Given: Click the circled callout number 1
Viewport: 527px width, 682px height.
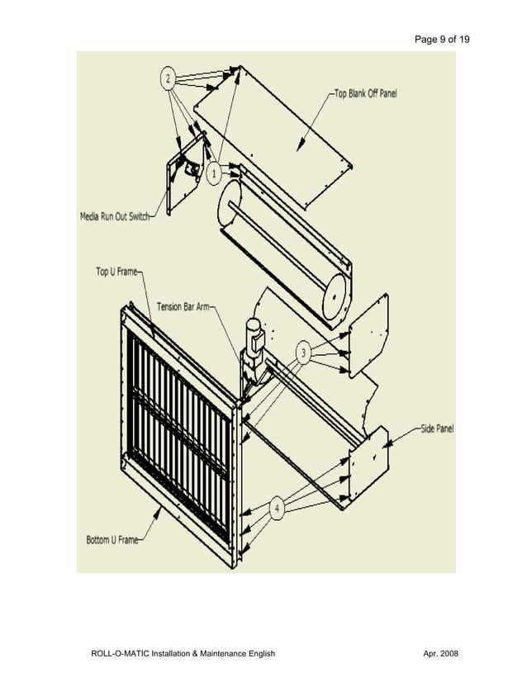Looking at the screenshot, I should click(x=213, y=174).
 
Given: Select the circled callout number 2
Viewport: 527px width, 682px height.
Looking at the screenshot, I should click(x=169, y=79).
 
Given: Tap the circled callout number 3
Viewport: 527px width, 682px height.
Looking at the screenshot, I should click(x=304, y=354).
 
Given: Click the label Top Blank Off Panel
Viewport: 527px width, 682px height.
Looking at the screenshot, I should click(x=364, y=94).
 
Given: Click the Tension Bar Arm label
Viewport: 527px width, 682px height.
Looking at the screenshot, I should click(x=185, y=307).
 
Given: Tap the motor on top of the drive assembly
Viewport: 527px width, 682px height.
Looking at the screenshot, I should click(x=251, y=334).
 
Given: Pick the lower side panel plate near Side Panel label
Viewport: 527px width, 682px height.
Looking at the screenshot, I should click(x=367, y=467).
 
